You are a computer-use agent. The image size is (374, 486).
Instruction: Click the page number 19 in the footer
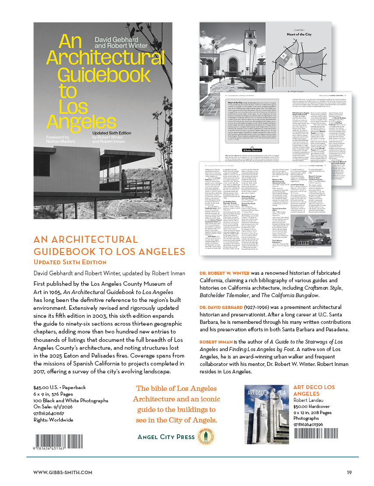[349, 472]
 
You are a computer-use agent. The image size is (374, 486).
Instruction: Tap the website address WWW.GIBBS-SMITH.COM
[63, 472]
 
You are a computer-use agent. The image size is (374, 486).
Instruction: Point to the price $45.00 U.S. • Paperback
[59, 388]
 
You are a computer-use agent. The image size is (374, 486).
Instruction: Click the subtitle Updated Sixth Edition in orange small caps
[70, 262]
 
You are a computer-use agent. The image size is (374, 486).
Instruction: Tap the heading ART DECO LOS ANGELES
[314, 390]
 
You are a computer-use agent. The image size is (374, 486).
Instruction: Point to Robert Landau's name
[310, 400]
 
